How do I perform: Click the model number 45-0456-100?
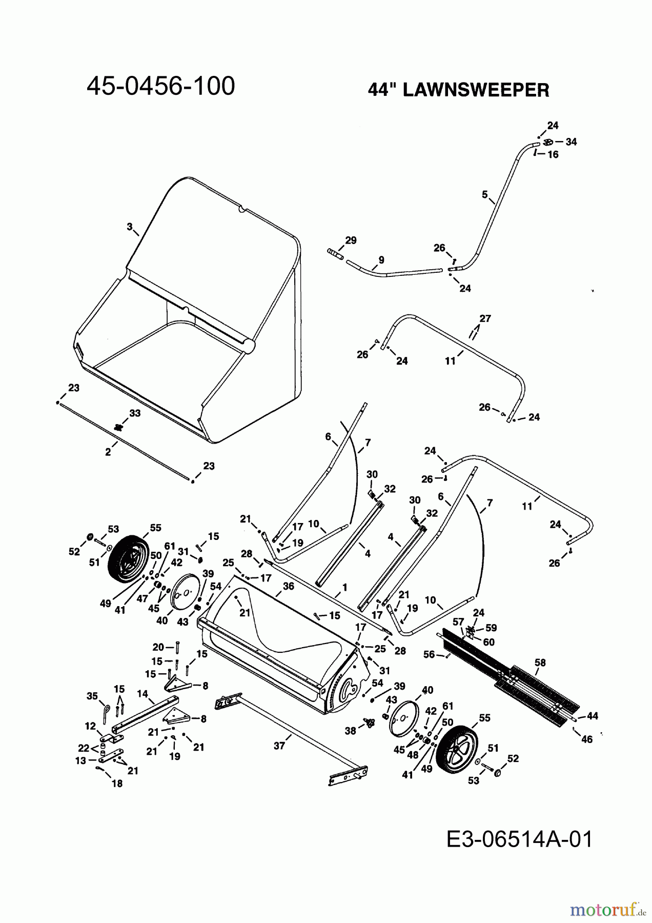160,86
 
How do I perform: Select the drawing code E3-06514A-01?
519,840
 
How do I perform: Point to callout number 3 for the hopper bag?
130,226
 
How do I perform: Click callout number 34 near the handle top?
571,142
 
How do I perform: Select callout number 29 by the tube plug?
351,240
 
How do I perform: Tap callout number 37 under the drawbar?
279,746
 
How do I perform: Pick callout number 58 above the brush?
540,663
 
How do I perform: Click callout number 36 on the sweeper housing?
288,586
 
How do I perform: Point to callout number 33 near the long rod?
135,413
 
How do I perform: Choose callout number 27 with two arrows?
485,318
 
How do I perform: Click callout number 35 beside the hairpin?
92,696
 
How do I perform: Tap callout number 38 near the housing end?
350,731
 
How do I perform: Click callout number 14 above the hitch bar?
142,694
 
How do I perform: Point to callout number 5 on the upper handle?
484,195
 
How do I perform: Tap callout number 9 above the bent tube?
381,260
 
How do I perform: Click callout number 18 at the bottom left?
117,784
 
